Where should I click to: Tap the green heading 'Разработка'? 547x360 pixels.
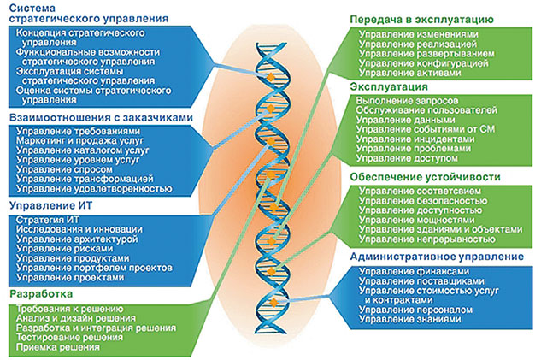click(x=39, y=293)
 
